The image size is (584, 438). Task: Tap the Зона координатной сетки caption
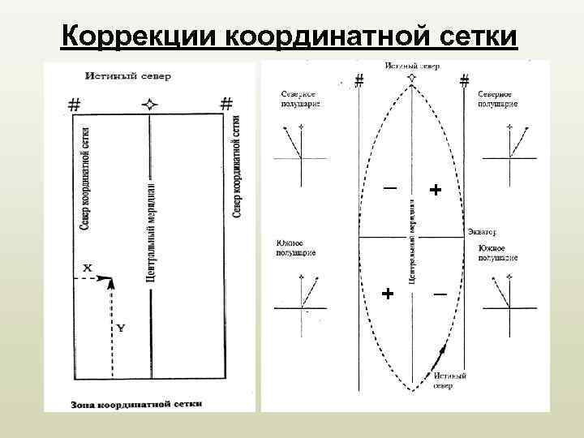(x=136, y=403)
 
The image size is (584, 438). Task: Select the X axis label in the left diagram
(x=88, y=267)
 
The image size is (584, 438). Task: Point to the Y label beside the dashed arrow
(x=120, y=328)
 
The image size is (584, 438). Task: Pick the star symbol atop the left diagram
(x=149, y=104)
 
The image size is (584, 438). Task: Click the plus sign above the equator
(x=436, y=190)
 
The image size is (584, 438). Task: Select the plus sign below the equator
(x=389, y=293)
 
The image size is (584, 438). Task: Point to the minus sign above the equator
(x=390, y=188)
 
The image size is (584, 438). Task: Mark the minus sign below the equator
(x=439, y=294)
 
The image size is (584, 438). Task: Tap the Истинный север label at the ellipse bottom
(x=449, y=381)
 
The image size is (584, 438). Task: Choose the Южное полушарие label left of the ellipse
(x=297, y=248)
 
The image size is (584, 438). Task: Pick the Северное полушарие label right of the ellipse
(x=498, y=99)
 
